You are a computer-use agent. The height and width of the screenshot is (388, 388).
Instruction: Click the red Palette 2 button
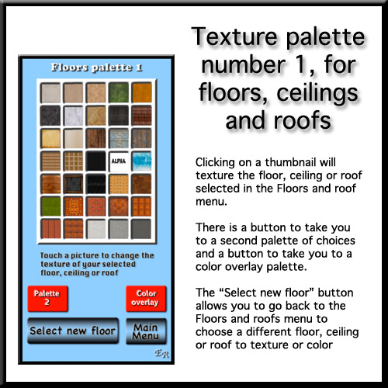click(47, 298)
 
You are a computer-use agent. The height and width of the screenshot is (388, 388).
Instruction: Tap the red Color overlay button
click(146, 298)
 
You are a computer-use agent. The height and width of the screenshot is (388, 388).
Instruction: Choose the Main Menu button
click(146, 331)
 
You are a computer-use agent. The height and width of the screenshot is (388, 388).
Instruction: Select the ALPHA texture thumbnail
click(119, 161)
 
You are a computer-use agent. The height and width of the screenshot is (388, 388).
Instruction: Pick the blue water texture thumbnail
click(141, 161)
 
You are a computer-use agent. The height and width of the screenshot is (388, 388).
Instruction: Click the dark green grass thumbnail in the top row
click(119, 92)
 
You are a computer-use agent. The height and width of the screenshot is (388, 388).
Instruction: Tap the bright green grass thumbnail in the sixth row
click(50, 206)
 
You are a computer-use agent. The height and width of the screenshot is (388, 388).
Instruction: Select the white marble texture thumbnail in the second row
click(73, 116)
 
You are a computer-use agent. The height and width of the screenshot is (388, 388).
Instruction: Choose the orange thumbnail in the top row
click(141, 92)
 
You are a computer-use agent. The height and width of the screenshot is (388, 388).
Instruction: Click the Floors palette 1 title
click(96, 68)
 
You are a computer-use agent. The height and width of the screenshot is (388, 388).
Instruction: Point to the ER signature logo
click(162, 354)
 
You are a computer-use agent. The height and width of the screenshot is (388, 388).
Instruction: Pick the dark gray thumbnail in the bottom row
click(141, 229)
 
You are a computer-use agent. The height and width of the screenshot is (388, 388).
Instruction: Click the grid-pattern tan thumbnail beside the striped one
click(73, 161)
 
